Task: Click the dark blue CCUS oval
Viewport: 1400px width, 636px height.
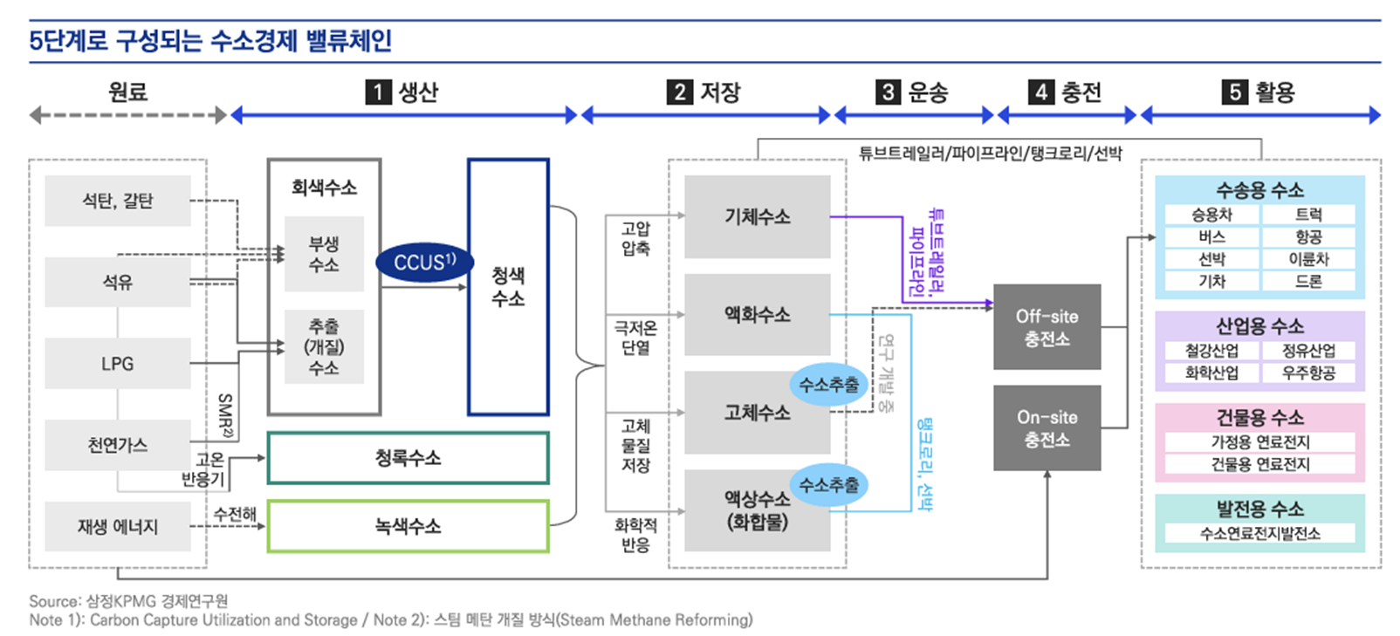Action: point(424,262)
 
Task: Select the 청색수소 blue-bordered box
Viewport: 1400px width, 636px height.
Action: point(508,286)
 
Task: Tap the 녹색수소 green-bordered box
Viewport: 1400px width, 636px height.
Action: point(408,526)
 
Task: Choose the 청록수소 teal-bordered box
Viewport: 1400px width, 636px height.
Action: point(408,457)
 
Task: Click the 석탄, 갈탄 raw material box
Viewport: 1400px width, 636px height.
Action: point(118,201)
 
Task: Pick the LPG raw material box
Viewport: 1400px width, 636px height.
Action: point(118,364)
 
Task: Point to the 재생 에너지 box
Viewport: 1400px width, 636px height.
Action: point(118,526)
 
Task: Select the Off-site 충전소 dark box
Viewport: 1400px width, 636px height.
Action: point(1047,327)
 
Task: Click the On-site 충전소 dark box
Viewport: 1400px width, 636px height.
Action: point(1047,428)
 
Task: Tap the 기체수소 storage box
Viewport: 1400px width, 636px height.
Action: point(757,216)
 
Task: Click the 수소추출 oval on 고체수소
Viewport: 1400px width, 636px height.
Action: point(828,385)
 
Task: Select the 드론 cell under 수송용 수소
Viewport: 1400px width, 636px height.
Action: point(1307,281)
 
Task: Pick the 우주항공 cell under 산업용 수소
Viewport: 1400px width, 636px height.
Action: point(1307,373)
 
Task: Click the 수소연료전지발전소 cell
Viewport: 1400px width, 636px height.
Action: point(1259,533)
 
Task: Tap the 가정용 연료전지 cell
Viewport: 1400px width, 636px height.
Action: point(1259,442)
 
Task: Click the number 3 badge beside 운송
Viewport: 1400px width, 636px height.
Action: point(888,92)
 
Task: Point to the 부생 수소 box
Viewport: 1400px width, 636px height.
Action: point(324,254)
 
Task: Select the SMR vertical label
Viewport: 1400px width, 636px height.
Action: point(225,415)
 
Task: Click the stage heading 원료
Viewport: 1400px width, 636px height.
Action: point(127,92)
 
